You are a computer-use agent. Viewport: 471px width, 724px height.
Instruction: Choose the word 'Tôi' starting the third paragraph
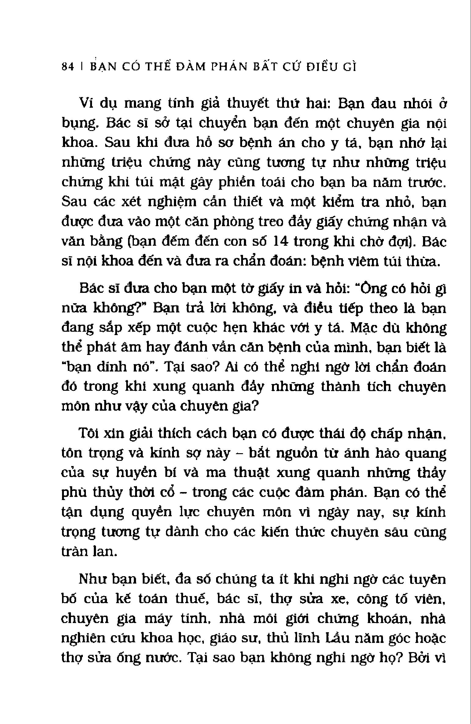87,433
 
